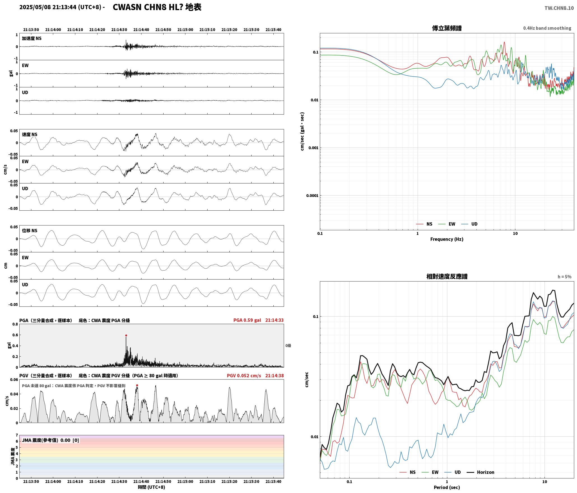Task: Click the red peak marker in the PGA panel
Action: pos(126,335)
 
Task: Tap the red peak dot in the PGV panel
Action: pos(137,385)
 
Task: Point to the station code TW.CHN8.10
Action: pos(559,8)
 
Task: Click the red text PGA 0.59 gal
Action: pos(247,320)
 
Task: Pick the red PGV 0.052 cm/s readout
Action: pos(244,376)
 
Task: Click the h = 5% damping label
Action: pos(564,277)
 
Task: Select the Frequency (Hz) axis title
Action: pos(447,239)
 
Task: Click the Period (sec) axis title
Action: pos(447,487)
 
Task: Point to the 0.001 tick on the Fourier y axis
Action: pos(313,148)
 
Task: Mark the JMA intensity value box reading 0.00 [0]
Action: pos(50,440)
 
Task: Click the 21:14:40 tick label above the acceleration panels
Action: pos(141,30)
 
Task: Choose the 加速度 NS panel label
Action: pos(32,38)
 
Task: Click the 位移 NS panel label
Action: pos(29,231)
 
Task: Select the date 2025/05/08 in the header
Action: pos(35,7)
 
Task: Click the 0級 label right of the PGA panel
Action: pos(288,346)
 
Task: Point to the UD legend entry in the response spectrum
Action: pos(454,472)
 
